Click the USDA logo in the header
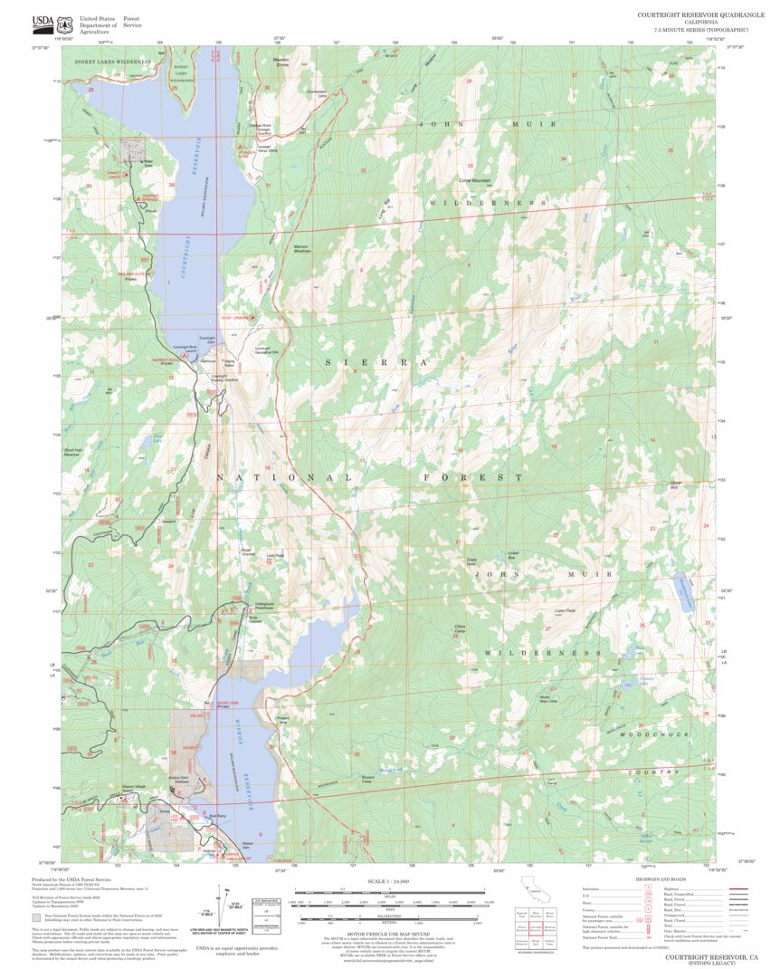43,22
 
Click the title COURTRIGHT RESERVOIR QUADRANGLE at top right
700,14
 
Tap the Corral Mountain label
474,180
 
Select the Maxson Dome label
281,62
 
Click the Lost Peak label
275,556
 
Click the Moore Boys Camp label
548,699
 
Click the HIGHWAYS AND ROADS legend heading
665,879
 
